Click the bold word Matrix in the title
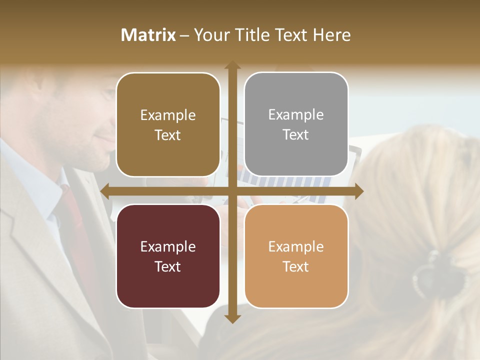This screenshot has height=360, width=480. coord(148,35)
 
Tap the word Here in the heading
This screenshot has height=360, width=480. coord(331,35)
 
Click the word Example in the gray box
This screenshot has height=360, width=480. coord(296,115)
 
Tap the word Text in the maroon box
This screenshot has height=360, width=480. coord(168,266)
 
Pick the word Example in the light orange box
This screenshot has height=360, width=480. coord(296,246)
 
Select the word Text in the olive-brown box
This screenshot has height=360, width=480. coord(168,135)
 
